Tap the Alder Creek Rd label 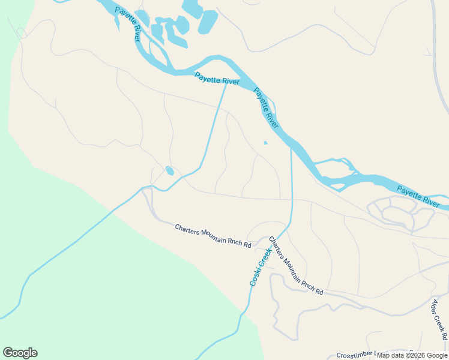(440, 318)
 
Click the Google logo (20, 353)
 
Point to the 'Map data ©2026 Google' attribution (412, 355)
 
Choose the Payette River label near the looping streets (418, 196)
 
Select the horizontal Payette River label (217, 79)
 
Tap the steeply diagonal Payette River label (266, 108)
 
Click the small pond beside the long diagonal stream (170, 171)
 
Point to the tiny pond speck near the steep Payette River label (265, 143)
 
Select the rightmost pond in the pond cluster (208, 23)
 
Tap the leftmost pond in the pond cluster (142, 18)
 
